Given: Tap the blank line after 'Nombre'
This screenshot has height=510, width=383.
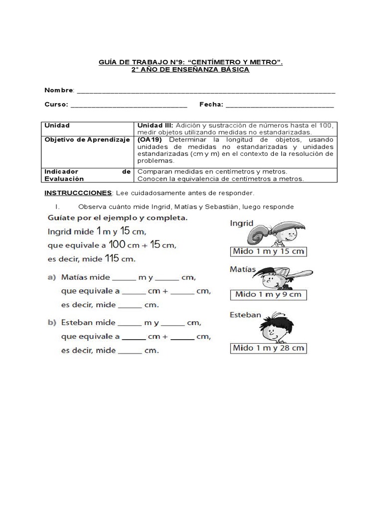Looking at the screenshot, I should click(x=206, y=91).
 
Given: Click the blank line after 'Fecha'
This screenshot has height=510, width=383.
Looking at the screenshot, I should click(x=280, y=105).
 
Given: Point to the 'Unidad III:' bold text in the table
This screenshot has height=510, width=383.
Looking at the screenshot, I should click(x=155, y=126).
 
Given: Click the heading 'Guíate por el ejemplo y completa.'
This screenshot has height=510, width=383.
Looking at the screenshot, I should click(x=118, y=218).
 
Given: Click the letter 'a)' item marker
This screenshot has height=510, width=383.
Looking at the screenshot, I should click(x=52, y=277).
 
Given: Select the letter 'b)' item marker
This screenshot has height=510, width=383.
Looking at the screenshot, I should click(x=52, y=323).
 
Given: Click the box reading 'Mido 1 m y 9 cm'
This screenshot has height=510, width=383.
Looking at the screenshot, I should click(x=268, y=294).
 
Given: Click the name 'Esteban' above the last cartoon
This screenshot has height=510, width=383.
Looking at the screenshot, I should click(x=245, y=315).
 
